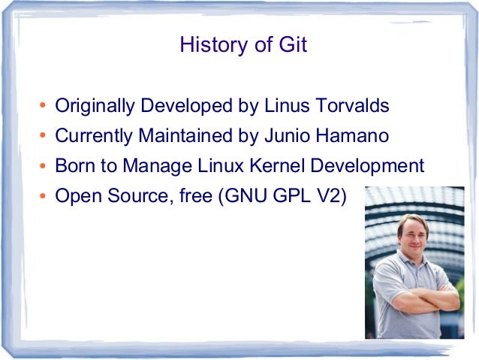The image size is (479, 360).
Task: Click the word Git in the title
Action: point(293,46)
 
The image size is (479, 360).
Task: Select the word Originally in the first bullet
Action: point(92,107)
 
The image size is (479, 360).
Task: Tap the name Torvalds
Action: point(356,106)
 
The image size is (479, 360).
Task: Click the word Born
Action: point(74,166)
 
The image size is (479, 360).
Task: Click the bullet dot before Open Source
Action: point(44,198)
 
